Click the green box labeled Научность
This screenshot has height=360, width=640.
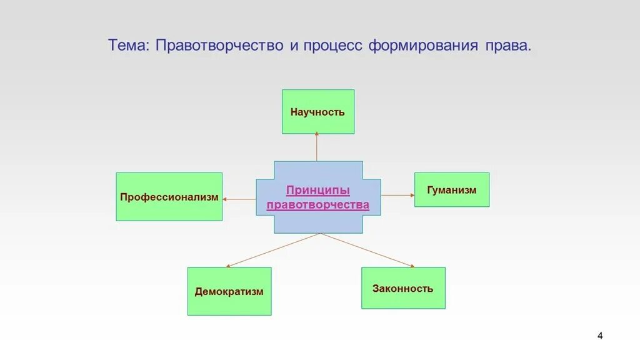(x=317, y=112)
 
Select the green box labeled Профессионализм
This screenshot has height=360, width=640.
(x=169, y=197)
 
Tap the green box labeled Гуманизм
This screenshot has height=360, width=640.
(x=451, y=190)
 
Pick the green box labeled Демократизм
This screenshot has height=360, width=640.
(x=229, y=291)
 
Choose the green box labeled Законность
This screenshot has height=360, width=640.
(x=403, y=288)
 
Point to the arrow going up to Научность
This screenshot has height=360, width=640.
(x=317, y=147)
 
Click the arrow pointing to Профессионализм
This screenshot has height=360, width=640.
(x=239, y=199)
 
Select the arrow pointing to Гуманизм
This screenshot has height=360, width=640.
(x=397, y=196)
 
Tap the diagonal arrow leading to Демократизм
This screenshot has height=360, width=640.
(x=274, y=250)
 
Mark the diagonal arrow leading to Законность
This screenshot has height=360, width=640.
(x=367, y=250)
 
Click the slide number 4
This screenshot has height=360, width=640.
(x=600, y=336)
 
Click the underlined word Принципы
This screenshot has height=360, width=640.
(x=318, y=190)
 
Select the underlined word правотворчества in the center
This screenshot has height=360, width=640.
(x=318, y=204)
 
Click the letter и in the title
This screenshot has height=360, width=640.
(x=293, y=47)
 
